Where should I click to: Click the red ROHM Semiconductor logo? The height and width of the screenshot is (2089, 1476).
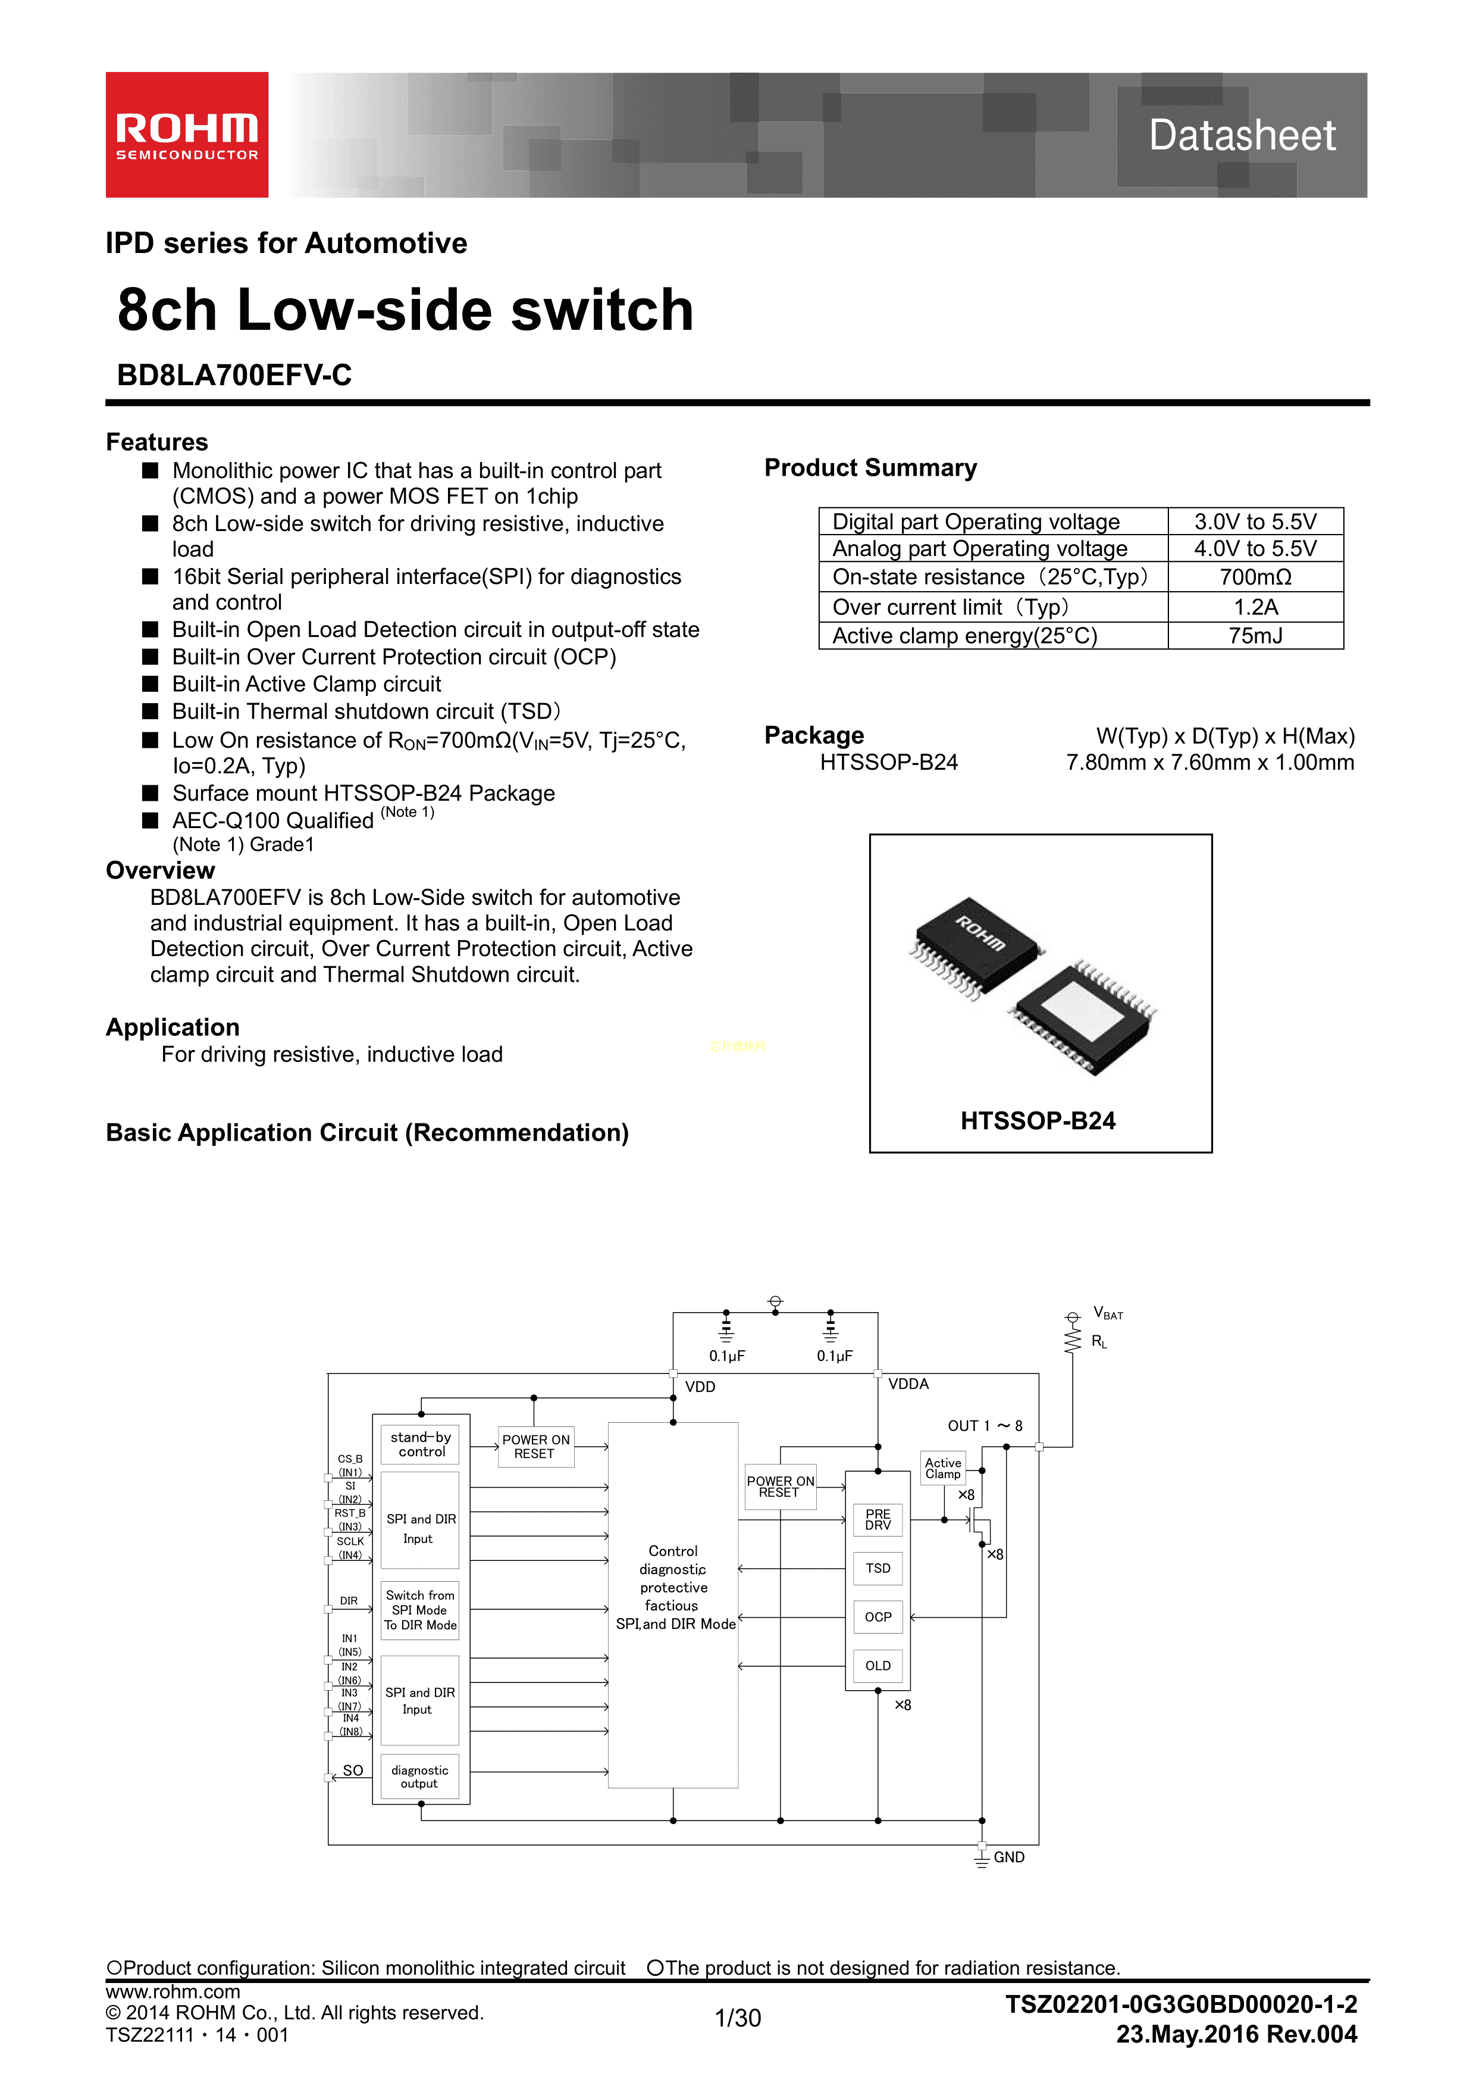point(186,135)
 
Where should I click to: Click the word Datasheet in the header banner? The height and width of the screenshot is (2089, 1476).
point(1242,136)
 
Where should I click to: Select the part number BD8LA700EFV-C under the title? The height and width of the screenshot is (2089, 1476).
point(234,375)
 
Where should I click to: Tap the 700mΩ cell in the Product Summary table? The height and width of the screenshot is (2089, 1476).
point(1255,577)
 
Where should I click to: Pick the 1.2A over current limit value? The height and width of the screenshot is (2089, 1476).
point(1255,607)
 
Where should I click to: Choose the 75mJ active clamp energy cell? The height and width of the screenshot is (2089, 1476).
point(1255,636)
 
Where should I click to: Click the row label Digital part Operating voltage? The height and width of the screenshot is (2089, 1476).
point(976,522)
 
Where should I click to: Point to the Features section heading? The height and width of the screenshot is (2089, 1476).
point(156,442)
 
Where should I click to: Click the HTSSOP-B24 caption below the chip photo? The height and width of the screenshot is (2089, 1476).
point(1038,1121)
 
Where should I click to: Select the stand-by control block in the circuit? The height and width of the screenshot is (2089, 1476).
point(420,1444)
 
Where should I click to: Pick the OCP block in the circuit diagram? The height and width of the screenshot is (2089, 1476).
point(878,1617)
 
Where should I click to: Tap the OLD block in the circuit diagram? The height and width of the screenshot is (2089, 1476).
point(878,1666)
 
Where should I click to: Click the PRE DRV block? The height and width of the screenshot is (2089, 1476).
point(878,1519)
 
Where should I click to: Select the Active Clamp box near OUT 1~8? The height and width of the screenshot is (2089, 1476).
point(943,1467)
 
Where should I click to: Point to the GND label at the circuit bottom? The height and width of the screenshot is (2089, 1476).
point(1008,1857)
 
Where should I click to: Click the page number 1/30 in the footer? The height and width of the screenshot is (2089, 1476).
point(738,2018)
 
